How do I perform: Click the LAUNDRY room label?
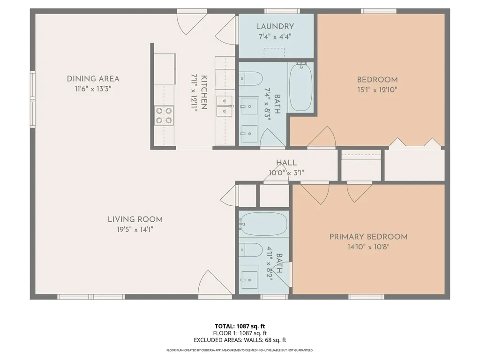[x=275, y=27]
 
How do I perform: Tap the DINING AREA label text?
[x=93, y=79]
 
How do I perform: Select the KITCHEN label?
[x=204, y=92]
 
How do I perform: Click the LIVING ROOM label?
[x=135, y=219]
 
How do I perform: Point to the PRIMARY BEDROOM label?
[x=368, y=237]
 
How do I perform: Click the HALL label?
[x=286, y=163]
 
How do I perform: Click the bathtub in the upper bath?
[x=300, y=88]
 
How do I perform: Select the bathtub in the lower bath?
[x=263, y=224]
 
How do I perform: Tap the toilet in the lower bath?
[x=250, y=250]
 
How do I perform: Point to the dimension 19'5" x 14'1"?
[x=135, y=229]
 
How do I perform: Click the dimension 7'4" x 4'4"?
[x=275, y=37]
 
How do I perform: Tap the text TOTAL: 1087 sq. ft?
[x=240, y=326]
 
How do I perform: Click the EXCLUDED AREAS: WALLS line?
[x=240, y=340]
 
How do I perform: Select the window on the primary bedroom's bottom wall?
[x=367, y=297]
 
